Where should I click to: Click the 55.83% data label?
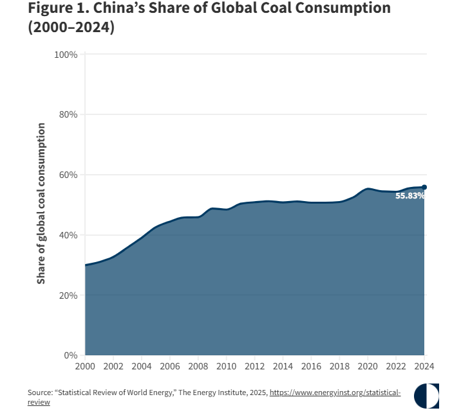pos(410,196)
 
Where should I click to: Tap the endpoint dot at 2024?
pos(424,187)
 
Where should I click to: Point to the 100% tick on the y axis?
pos(66,55)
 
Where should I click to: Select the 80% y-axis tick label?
pos(68,114)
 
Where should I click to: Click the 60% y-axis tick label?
pos(68,175)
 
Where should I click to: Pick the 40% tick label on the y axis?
pos(68,235)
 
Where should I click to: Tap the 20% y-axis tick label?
pos(68,296)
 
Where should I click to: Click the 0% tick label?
pos(71,355)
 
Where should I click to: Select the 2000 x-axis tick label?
pos(85,366)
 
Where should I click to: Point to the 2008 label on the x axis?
pos(198,366)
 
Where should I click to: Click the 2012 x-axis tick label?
pos(254,366)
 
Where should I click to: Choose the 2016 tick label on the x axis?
pos(311,366)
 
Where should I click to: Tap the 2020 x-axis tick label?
pos(368,366)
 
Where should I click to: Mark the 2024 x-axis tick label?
pos(424,366)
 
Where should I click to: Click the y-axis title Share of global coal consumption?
pos(41,204)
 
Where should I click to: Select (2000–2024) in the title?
pos(71,27)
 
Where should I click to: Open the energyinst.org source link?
pos(335,393)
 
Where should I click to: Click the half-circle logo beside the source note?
pos(426,396)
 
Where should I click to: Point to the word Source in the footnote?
pos(39,393)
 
